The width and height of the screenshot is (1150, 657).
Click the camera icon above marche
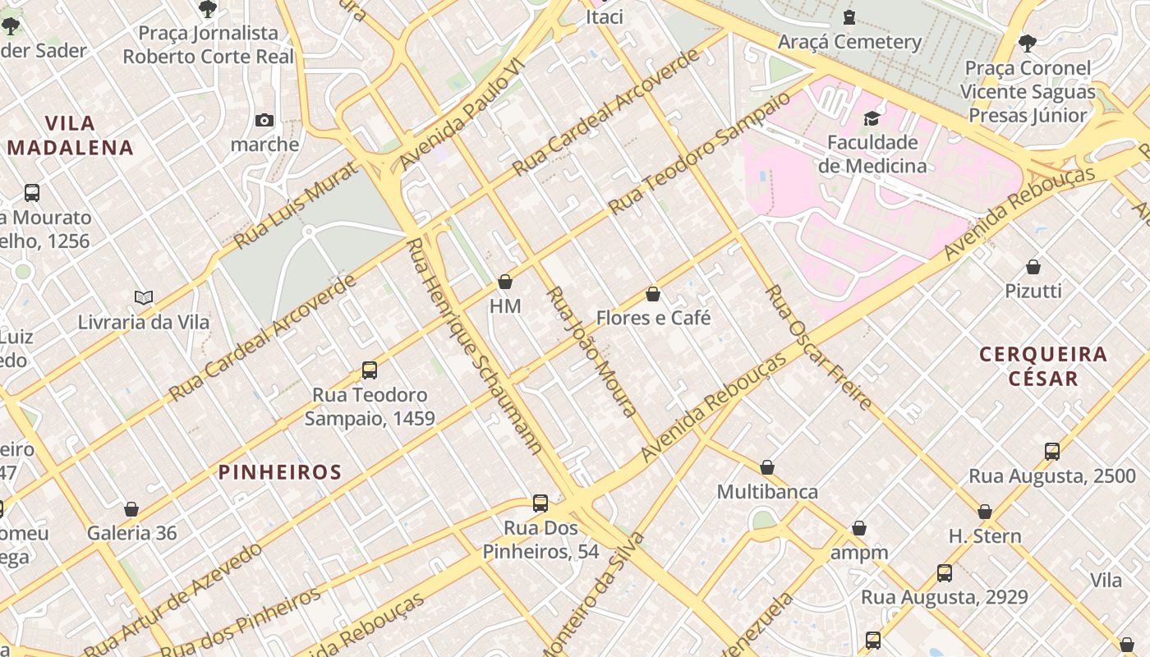[264, 121]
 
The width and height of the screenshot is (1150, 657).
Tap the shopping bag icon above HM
[505, 283]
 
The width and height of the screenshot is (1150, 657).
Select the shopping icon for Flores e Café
[653, 294]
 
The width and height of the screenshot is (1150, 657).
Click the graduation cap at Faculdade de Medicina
[872, 119]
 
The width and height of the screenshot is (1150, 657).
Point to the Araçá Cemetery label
[849, 42]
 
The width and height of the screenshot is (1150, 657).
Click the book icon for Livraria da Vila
[144, 298]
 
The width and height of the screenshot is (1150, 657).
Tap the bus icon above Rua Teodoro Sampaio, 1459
[370, 370]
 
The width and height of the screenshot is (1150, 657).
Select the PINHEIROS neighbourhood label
[279, 472]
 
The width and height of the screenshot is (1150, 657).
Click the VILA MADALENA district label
[71, 136]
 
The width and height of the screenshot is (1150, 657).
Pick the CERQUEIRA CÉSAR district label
[1043, 366]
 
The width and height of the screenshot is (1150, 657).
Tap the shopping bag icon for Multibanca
[767, 467]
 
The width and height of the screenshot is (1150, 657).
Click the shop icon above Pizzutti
[1033, 267]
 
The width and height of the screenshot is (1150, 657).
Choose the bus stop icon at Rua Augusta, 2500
[1052, 451]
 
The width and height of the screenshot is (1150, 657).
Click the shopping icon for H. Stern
[985, 512]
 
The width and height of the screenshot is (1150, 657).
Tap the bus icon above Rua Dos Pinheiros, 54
[540, 503]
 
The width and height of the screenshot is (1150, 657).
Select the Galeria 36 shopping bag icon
[131, 509]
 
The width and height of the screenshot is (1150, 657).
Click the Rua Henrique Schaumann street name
[475, 345]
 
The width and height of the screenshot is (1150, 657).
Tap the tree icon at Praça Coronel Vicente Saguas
[1027, 43]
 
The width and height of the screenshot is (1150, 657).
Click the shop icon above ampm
[859, 528]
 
